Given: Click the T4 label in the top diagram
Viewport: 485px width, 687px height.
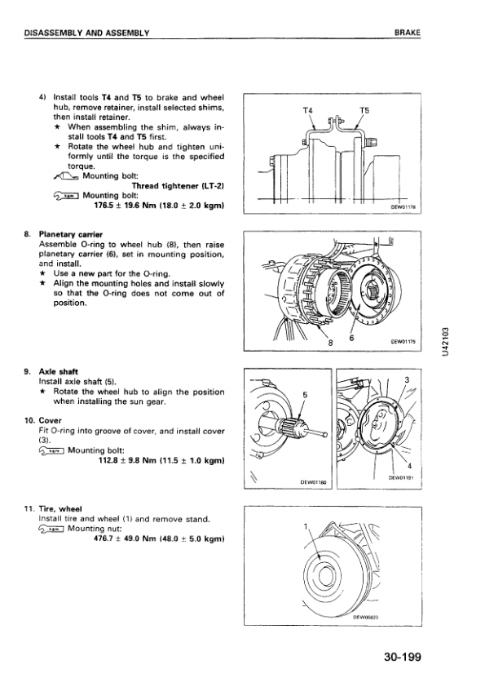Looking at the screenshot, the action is click(x=308, y=110).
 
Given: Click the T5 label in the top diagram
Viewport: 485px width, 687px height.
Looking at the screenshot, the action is click(x=364, y=110).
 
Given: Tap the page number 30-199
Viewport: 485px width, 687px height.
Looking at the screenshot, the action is click(x=403, y=657).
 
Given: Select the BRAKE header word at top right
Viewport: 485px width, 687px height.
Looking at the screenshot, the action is click(x=407, y=33).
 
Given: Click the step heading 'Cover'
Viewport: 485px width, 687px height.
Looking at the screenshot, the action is click(x=50, y=421).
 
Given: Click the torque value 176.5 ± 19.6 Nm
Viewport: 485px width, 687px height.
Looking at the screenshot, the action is click(x=121, y=205).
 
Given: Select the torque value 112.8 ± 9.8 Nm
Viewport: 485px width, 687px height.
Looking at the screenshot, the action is click(x=126, y=460).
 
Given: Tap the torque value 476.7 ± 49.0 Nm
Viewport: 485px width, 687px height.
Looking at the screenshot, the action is click(x=121, y=539).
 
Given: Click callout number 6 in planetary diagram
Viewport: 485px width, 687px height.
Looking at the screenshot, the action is click(x=351, y=339).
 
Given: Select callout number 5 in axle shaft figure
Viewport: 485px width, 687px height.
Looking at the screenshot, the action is click(x=305, y=395).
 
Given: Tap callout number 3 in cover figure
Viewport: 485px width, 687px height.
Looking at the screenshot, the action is click(x=407, y=380).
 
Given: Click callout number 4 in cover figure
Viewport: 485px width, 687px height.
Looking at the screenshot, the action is click(x=409, y=465).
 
